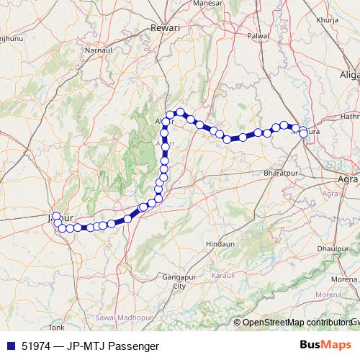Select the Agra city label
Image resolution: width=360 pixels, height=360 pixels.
(348, 179)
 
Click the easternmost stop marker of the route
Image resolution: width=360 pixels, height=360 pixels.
(305, 132)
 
